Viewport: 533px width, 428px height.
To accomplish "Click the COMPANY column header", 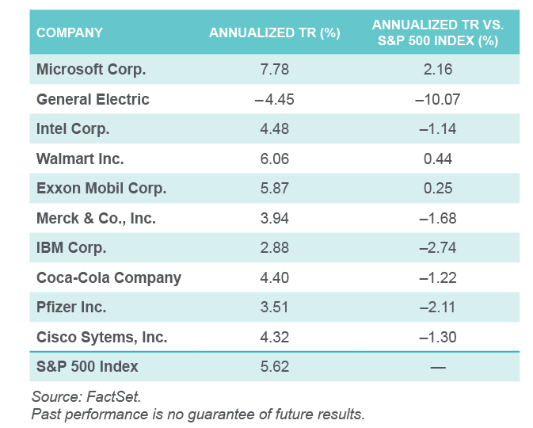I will tap(70, 32).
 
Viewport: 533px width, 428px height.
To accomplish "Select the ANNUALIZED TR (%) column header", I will tap(274, 32).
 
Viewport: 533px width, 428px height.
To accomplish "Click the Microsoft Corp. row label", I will tap(91, 69).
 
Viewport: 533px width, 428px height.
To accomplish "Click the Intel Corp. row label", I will tap(73, 128).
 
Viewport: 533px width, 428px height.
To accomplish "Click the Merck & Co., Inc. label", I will tap(96, 218).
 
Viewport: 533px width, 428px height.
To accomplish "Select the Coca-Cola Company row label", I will tap(109, 277).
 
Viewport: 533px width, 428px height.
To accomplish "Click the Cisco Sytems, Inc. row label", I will tap(101, 337).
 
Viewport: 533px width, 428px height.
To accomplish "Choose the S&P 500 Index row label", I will tap(87, 366).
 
